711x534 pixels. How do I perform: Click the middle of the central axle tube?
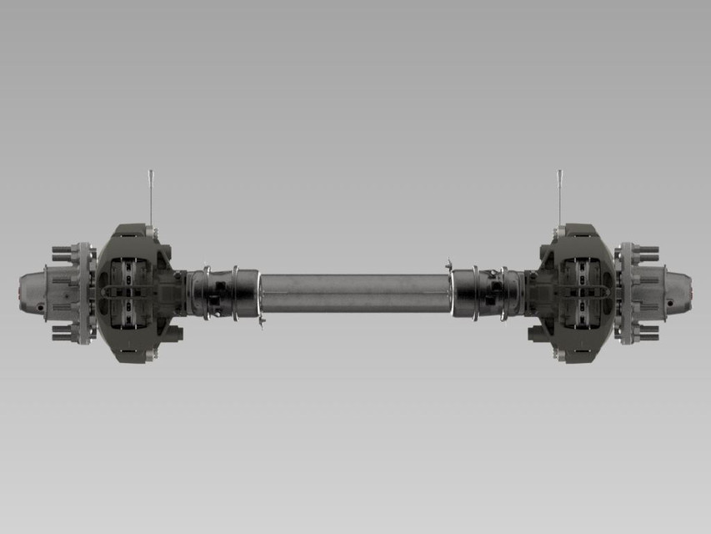(356, 293)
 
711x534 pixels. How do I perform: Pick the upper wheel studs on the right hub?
(647, 251)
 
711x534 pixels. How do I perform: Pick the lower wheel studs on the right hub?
(647, 332)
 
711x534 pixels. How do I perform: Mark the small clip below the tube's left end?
(262, 321)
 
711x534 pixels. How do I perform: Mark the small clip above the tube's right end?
(449, 264)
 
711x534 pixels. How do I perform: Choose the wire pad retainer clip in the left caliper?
(125, 293)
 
